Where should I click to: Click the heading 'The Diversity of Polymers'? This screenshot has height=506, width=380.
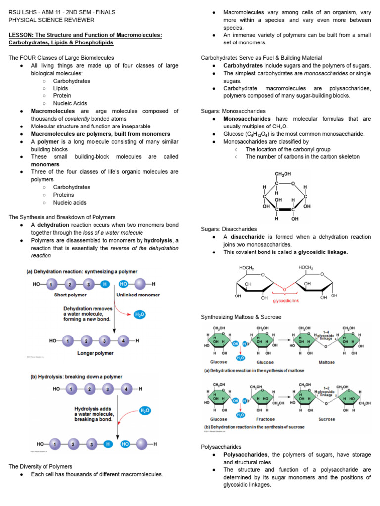(41, 466)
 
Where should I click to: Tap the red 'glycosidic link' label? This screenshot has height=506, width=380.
(286, 300)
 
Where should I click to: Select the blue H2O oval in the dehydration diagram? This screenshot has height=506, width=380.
(140, 314)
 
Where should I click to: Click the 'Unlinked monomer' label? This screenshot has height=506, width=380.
(138, 295)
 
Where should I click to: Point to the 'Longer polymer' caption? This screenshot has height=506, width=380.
(95, 353)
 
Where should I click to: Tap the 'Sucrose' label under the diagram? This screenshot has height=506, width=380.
(327, 419)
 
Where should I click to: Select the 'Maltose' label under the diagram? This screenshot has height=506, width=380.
(327, 362)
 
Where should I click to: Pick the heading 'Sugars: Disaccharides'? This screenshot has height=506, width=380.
(229, 229)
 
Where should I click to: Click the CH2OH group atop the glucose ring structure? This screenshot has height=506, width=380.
(283, 174)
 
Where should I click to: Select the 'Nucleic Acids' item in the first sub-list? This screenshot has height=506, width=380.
(70, 103)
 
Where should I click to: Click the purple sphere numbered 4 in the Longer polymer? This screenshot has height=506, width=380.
(124, 341)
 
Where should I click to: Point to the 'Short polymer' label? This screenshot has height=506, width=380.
(70, 295)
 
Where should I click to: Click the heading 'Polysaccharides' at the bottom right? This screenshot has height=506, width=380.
(221, 446)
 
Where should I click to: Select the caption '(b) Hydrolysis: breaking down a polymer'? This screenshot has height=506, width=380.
(77, 376)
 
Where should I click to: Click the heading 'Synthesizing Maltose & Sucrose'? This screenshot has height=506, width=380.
(241, 317)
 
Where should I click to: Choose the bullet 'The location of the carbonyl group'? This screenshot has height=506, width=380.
(288, 149)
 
